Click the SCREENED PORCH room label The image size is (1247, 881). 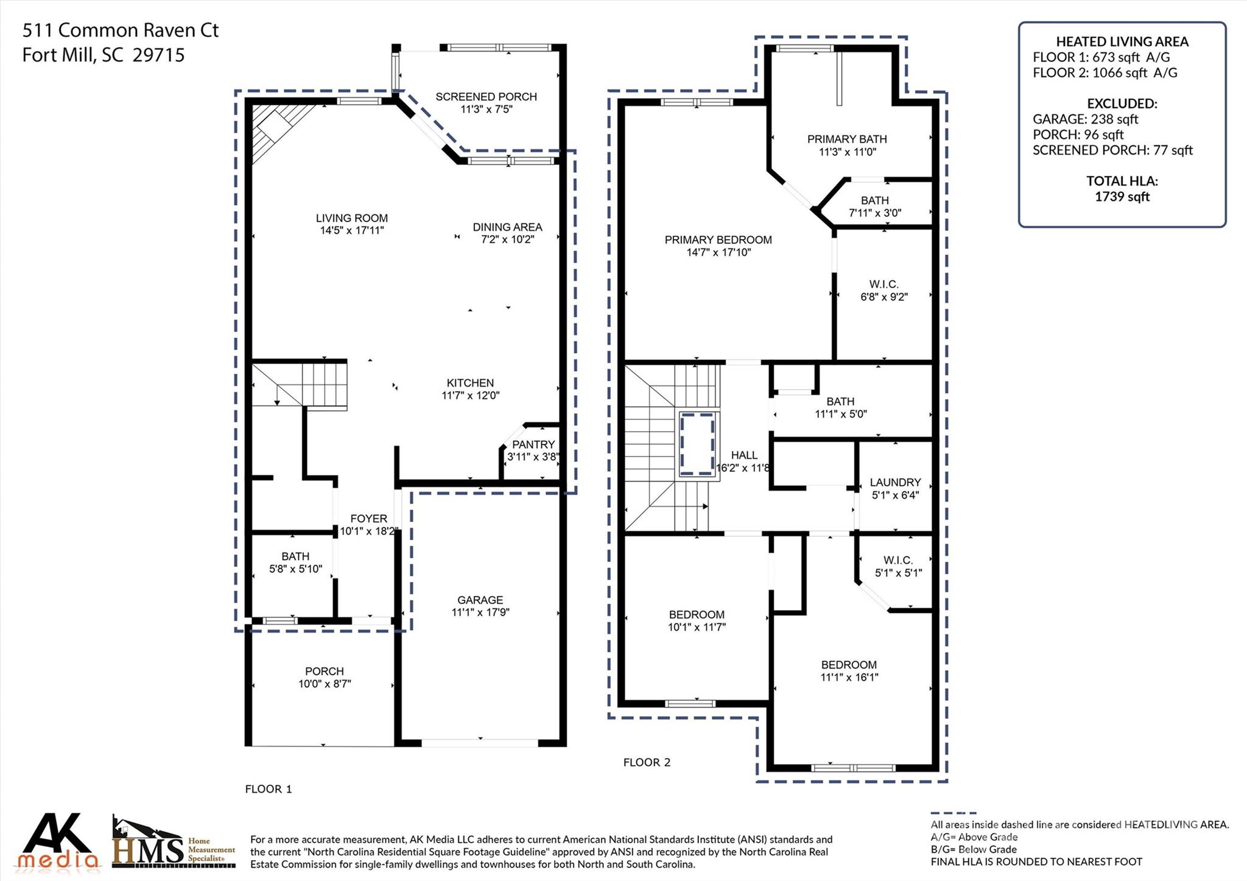tap(486, 97)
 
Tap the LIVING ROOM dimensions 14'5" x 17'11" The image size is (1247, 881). tap(352, 231)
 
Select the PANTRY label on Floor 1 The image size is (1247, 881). tap(533, 445)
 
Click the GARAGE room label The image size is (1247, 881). tap(480, 600)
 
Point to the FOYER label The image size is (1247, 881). tap(368, 519)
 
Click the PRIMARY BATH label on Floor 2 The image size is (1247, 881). tap(847, 139)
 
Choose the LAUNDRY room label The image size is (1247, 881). tap(895, 483)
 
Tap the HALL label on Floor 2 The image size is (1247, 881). tap(744, 455)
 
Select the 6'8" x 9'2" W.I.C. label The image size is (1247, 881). tap(884, 291)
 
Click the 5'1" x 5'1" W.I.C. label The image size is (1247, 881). tap(898, 567)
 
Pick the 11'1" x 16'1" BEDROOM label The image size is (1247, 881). tap(849, 671)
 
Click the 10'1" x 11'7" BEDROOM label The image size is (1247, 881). tap(697, 621)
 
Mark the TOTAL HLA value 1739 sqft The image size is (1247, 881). tap(1122, 197)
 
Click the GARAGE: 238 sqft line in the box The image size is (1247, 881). tap(1085, 119)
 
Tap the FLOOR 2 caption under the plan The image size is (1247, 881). tap(647, 763)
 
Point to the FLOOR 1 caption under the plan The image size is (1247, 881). tap(269, 790)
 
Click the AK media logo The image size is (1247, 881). tap(58, 841)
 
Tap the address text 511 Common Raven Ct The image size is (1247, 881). tap(121, 30)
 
